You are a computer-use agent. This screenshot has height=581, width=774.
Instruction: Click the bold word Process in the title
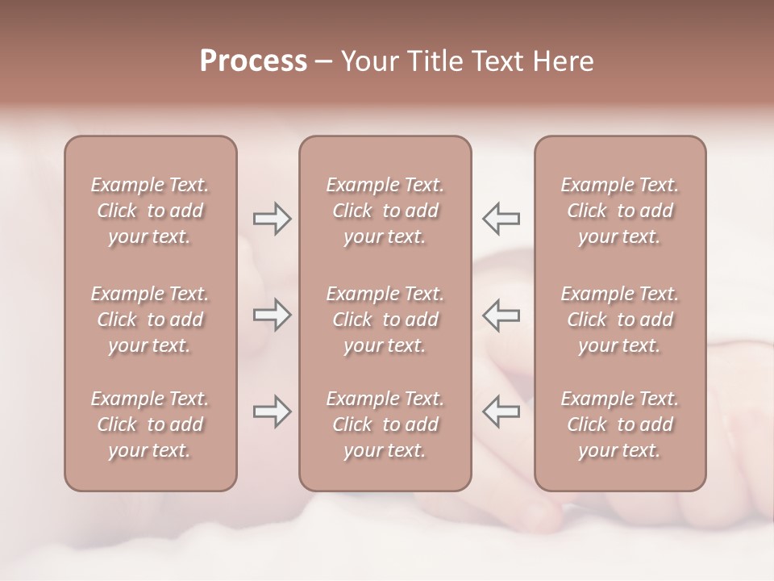(x=253, y=61)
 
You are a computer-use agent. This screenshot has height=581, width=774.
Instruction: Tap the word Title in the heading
(x=435, y=61)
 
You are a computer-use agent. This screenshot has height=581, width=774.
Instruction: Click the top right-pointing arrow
(x=272, y=219)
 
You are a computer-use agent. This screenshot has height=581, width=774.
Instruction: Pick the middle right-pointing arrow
(x=272, y=315)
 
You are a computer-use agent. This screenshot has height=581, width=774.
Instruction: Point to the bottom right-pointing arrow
(x=272, y=412)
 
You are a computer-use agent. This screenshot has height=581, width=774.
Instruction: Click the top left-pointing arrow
(x=501, y=219)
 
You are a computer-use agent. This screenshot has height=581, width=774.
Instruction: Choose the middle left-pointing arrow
(x=501, y=315)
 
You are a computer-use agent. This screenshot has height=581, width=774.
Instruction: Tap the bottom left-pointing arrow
(x=501, y=412)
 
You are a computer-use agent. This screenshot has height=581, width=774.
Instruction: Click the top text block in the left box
(x=150, y=211)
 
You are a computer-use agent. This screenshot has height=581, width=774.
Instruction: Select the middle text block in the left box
(x=150, y=320)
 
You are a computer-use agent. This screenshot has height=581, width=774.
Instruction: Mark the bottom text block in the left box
(x=150, y=424)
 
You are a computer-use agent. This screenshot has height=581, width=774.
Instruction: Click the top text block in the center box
(x=385, y=211)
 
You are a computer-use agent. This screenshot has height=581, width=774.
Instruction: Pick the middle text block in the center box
(x=385, y=320)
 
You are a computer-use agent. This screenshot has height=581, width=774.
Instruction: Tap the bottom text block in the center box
(x=385, y=424)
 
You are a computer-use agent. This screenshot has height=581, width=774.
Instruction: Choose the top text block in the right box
(x=620, y=211)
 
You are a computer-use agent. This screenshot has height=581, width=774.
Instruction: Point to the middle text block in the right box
(x=620, y=320)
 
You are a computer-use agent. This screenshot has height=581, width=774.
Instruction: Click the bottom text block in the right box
(x=620, y=424)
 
